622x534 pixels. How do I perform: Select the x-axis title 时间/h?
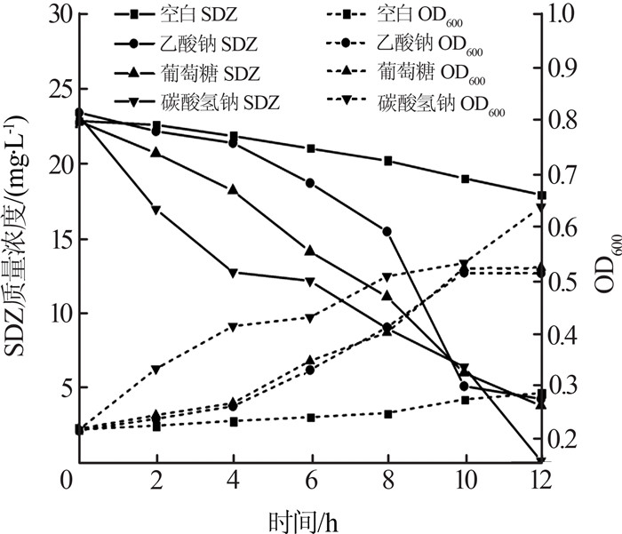[x=303, y=517]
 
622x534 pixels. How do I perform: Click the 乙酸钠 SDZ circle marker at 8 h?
[x=387, y=231]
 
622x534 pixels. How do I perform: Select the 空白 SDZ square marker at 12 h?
[x=542, y=195]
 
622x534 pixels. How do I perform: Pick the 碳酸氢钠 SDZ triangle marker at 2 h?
[x=156, y=210]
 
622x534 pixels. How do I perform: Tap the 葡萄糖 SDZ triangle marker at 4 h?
[x=234, y=189]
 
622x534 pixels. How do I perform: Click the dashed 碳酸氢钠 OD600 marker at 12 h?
[x=542, y=208]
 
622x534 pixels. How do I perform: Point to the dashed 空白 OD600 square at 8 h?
[x=387, y=413]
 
